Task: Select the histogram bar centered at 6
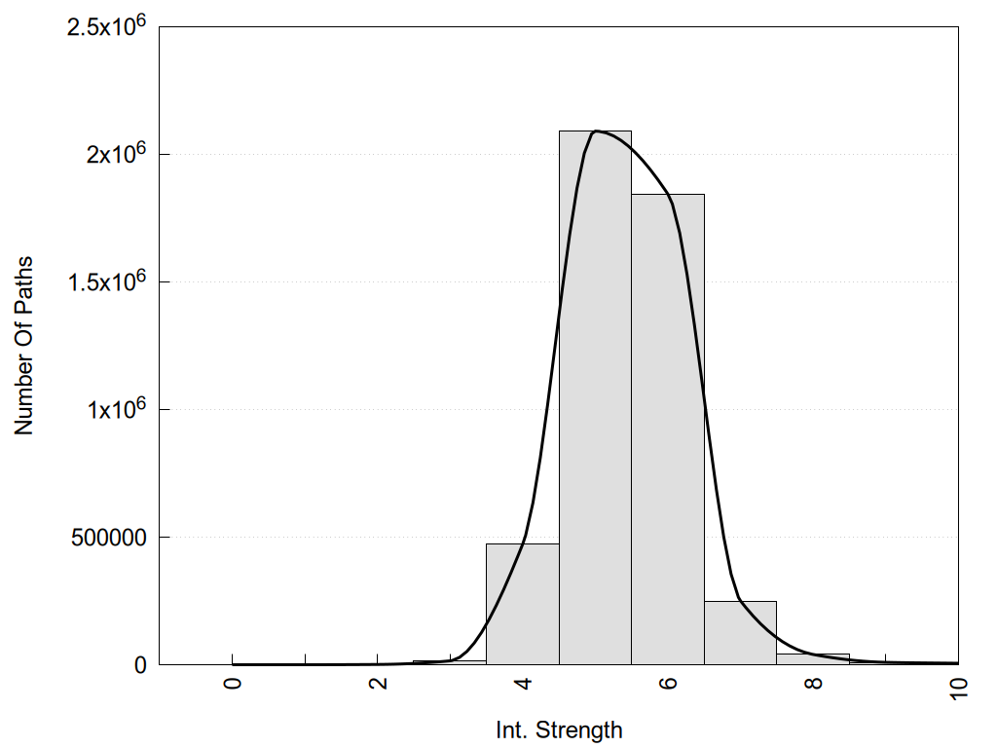pos(667,429)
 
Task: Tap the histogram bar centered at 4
pos(522,604)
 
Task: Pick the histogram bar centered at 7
pos(740,633)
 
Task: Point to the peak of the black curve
pos(596,131)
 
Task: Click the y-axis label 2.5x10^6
pos(106,26)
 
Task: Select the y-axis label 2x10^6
pos(114,154)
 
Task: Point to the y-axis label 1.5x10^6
pos(106,281)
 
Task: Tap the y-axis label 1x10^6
pos(114,409)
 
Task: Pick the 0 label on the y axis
pos(139,665)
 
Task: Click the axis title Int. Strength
pos(558,729)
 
